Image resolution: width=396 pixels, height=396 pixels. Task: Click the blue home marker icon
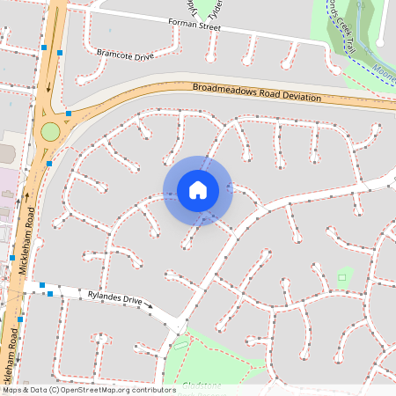click(198, 190)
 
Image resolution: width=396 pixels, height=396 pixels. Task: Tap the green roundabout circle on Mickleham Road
click(50, 132)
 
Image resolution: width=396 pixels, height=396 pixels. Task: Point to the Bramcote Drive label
click(126, 55)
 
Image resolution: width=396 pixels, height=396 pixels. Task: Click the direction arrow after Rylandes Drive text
click(149, 307)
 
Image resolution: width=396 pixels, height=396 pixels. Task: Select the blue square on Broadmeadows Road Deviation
click(69, 114)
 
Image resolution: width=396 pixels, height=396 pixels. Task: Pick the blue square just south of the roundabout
click(49, 164)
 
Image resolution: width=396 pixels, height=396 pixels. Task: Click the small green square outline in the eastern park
click(342, 278)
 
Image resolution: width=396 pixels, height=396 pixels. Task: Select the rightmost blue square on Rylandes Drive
click(50, 293)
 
